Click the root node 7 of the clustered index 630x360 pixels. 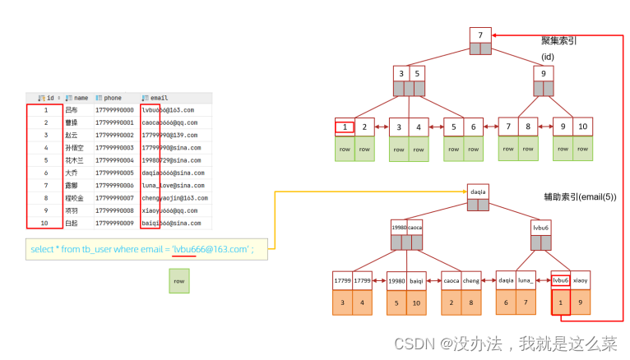click(480, 35)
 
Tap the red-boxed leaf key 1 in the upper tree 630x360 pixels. click(345, 127)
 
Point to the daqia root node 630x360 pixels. click(478, 192)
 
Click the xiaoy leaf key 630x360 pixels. click(581, 280)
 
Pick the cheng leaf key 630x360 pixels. click(471, 280)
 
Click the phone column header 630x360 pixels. click(112, 98)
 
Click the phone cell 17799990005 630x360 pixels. click(113, 173)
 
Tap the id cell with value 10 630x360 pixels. click(45, 223)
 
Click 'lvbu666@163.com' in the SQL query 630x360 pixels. click(210, 248)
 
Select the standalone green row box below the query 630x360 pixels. click(179, 281)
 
